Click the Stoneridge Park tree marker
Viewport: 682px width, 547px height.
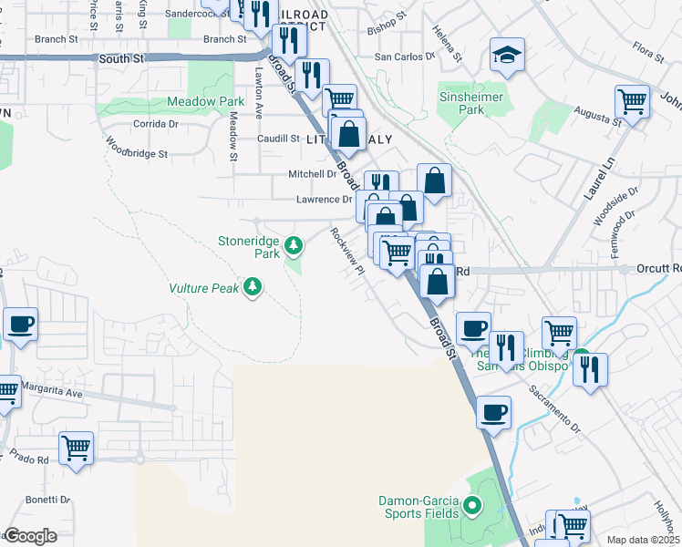[294, 244]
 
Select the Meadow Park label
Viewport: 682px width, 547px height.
[206, 102]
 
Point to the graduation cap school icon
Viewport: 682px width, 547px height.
[506, 57]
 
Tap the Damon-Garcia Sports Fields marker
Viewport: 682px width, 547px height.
[472, 504]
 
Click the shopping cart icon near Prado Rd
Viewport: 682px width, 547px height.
[76, 448]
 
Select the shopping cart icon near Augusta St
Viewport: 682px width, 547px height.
[632, 100]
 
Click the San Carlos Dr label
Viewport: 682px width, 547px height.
[406, 57]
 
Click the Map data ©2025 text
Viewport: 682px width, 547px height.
[642, 540]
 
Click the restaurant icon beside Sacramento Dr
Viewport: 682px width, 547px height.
[591, 369]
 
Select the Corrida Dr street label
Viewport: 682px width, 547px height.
[156, 123]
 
